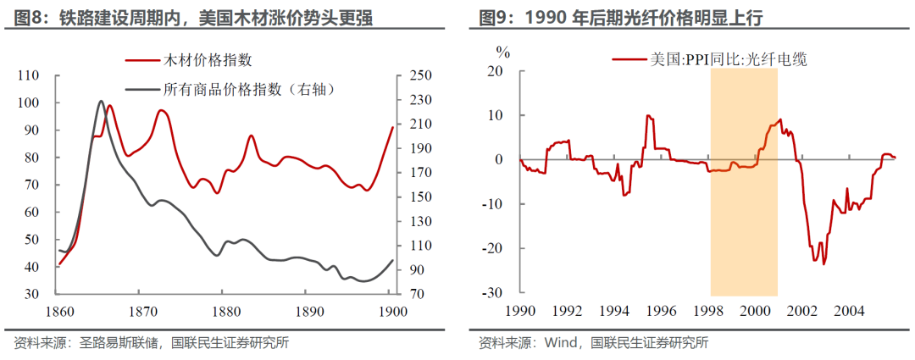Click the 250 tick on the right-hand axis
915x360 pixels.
420,75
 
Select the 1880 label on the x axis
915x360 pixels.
223,311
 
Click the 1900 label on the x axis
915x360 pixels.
390,311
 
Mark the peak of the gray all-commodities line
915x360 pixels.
100,101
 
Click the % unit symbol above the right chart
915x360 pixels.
503,52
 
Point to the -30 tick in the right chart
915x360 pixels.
491,293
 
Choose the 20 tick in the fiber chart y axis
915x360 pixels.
494,70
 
